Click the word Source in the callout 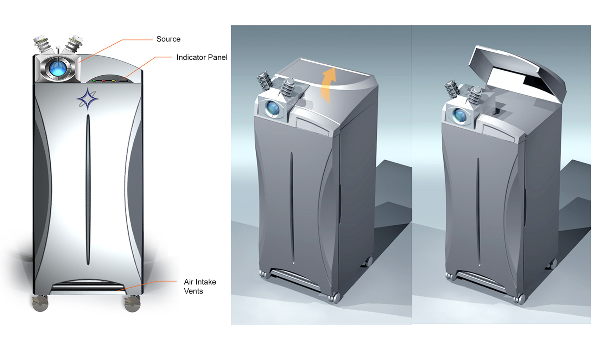tap(168, 39)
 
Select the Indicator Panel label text tap(202, 57)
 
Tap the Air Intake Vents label tap(199, 286)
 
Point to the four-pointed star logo tap(87, 99)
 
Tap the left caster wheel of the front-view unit tap(40, 303)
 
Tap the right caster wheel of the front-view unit tap(132, 304)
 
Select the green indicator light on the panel tap(94, 81)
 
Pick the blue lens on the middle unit tap(272, 108)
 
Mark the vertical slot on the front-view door tap(88, 190)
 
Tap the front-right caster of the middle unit tap(333, 298)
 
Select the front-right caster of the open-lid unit tap(519, 299)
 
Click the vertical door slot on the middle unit tap(292, 207)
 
